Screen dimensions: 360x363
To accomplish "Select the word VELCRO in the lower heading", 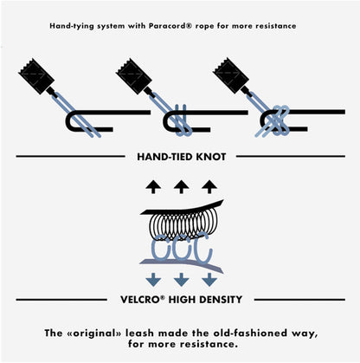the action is click(x=140, y=300).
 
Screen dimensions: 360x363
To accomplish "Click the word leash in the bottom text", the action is click(x=139, y=334).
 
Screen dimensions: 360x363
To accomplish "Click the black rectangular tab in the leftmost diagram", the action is click(x=36, y=76).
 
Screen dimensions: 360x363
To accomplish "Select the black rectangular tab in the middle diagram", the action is click(x=134, y=76).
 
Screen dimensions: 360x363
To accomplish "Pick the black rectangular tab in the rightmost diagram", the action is click(x=231, y=75).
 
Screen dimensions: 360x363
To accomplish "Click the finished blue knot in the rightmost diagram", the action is click(x=276, y=121).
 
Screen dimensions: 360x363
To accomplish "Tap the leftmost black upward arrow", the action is click(x=153, y=186).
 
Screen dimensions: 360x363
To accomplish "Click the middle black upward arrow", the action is click(x=181, y=186).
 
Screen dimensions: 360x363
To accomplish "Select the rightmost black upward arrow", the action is click(x=209, y=186).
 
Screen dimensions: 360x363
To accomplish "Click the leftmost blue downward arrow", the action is click(x=153, y=280).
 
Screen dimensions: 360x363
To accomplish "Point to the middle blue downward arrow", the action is click(x=181, y=280).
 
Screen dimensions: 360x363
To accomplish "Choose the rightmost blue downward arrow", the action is click(x=209, y=280).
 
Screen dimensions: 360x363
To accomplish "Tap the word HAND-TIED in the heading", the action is click(x=165, y=157).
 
